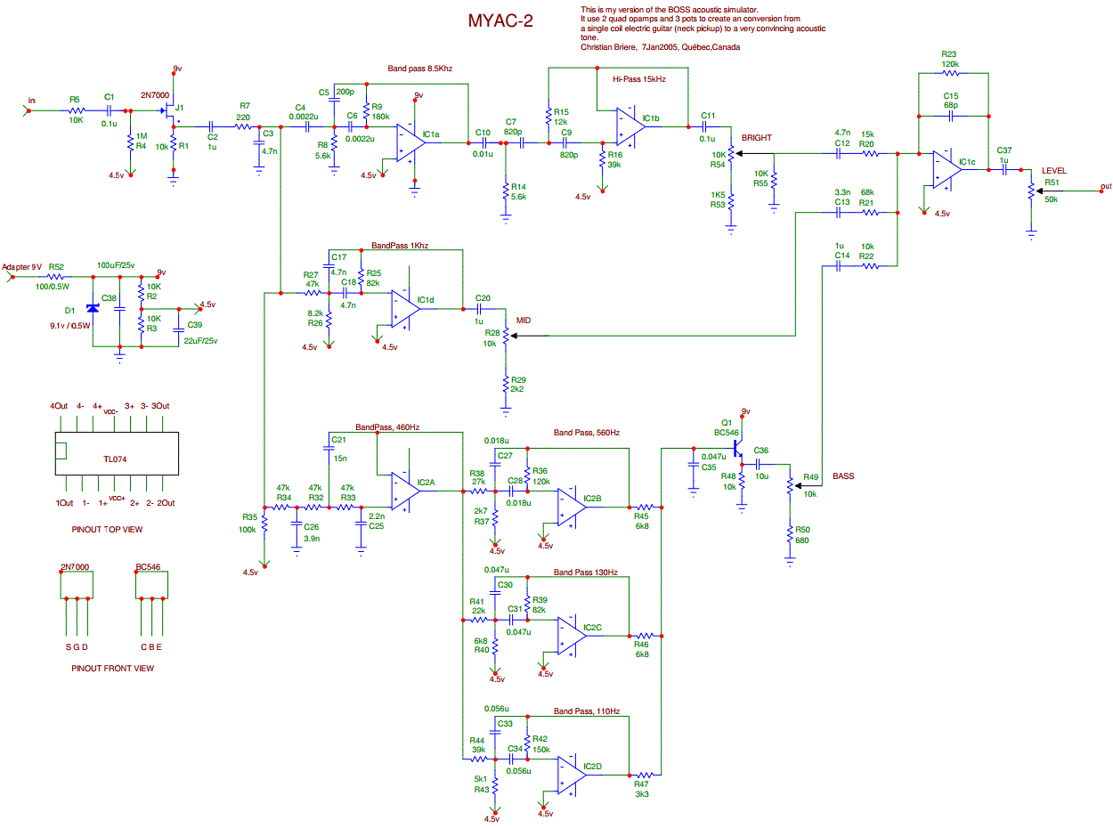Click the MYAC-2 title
click(500, 20)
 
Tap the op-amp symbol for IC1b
click(629, 126)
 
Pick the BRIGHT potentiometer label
click(757, 138)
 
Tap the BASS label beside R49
click(843, 476)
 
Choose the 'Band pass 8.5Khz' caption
click(420, 69)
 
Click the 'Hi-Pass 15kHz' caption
click(638, 79)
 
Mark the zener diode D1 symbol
click(92, 308)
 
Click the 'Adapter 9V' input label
click(21, 267)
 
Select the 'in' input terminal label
click(32, 100)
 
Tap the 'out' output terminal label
click(1106, 186)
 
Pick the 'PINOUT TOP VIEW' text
click(107, 529)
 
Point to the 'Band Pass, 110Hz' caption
click(585, 712)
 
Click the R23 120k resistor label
click(948, 60)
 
